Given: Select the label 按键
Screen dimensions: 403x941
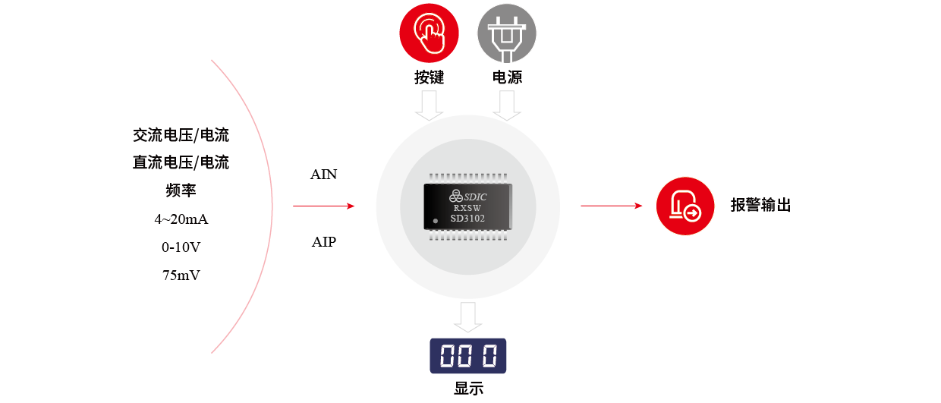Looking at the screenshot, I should [429, 77].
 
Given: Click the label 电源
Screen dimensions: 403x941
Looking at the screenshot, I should [507, 77].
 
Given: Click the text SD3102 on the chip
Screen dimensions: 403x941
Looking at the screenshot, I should [467, 219].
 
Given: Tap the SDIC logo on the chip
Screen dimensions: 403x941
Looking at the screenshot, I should [467, 194].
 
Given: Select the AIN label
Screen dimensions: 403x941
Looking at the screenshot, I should [324, 175].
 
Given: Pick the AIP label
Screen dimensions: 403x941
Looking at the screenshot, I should [324, 243].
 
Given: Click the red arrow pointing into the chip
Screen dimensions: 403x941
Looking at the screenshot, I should [324, 206].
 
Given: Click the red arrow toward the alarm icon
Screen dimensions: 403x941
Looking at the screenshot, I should [612, 205].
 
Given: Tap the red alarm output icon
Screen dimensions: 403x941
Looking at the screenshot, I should [685, 206].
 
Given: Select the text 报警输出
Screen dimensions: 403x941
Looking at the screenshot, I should [760, 206].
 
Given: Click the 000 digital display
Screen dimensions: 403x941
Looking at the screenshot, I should [467, 355].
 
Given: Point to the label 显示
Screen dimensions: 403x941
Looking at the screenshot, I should [468, 389].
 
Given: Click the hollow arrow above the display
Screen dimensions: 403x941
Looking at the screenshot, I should [468, 316].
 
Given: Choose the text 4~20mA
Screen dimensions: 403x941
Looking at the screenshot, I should [181, 219].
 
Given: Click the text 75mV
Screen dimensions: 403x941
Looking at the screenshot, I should [181, 275].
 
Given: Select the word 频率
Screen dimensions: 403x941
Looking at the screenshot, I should [181, 190].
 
